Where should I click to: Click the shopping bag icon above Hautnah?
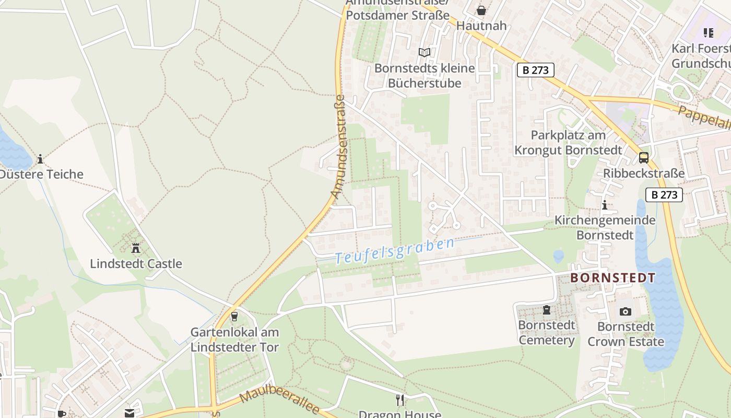pyautogui.click(x=481, y=10)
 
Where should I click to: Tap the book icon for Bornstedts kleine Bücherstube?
pyautogui.click(x=425, y=52)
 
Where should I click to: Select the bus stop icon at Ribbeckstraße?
pyautogui.click(x=643, y=158)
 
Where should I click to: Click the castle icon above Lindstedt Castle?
pyautogui.click(x=136, y=248)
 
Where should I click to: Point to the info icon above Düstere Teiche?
pyautogui.click(x=40, y=159)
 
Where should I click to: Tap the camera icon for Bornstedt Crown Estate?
pyautogui.click(x=625, y=312)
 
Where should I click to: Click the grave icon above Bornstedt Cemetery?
pyautogui.click(x=546, y=310)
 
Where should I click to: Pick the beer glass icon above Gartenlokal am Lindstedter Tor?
pyautogui.click(x=234, y=317)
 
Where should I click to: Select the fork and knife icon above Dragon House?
pyautogui.click(x=400, y=400)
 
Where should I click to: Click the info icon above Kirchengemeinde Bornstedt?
pyautogui.click(x=605, y=205)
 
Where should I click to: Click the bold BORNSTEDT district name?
pyautogui.click(x=612, y=278)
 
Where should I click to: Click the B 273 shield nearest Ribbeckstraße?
pyautogui.click(x=664, y=195)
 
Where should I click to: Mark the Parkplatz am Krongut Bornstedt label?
pyautogui.click(x=568, y=143)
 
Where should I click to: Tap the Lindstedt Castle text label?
pyautogui.click(x=136, y=264)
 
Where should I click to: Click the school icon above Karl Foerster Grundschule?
pyautogui.click(x=708, y=33)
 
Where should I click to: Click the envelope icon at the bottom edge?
pyautogui.click(x=129, y=413)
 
